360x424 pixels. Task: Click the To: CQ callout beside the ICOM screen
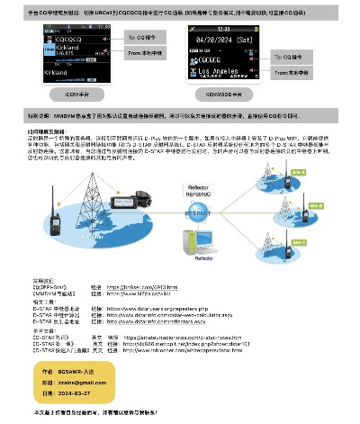coord(141,37)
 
